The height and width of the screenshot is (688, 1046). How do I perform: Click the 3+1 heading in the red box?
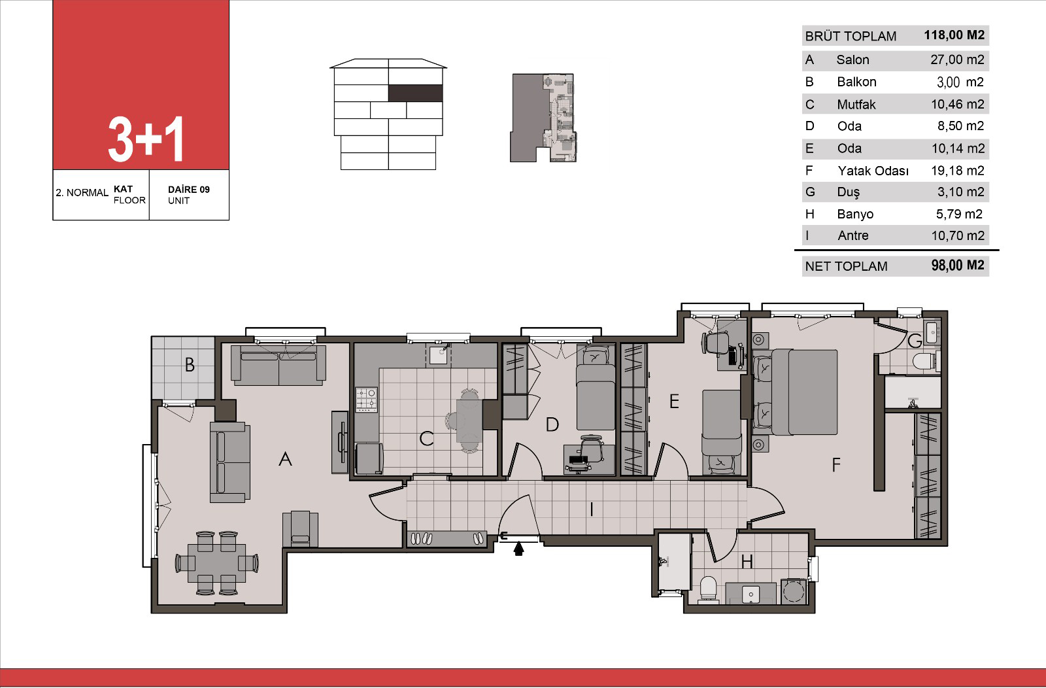145,139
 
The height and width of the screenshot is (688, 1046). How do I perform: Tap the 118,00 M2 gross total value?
954,35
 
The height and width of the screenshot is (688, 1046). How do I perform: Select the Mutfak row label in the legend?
856,104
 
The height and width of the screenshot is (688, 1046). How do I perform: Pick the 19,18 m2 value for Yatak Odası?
957,171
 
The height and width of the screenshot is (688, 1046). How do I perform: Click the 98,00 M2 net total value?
957,266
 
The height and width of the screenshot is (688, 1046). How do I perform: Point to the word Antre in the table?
852,235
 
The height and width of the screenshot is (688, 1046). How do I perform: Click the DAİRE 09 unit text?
189,190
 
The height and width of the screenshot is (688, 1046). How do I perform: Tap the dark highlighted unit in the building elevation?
416,93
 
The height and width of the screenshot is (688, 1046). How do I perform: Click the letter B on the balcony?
190,365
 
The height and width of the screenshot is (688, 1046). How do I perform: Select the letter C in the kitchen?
426,439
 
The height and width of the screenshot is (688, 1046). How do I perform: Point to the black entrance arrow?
518,548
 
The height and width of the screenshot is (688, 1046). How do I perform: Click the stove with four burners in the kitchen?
367,400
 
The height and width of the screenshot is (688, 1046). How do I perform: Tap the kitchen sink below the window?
437,355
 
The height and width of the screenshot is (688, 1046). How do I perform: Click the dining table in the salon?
216,563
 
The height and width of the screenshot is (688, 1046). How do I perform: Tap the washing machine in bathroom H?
794,591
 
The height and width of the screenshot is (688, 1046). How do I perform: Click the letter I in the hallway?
592,509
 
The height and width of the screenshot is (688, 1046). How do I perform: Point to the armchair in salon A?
300,528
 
